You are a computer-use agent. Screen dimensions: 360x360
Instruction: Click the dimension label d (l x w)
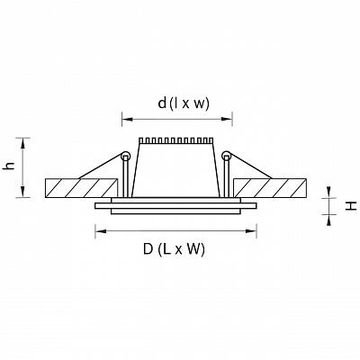[184, 103]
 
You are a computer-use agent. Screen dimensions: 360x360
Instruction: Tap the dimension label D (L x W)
[174, 249]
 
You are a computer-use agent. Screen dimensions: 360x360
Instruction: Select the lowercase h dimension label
[10, 166]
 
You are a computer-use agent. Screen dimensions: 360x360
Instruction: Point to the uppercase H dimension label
[351, 206]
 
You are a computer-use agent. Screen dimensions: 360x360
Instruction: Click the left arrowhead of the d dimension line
[127, 119]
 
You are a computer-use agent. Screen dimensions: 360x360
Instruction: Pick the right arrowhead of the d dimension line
[227, 119]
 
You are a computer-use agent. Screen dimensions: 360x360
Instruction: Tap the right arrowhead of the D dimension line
[251, 231]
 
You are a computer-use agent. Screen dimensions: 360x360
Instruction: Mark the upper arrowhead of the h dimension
[22, 143]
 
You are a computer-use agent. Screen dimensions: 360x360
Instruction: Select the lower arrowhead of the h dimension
[22, 192]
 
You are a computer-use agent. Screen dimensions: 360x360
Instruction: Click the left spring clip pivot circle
[125, 156]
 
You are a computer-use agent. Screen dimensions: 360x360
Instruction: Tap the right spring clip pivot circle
[227, 156]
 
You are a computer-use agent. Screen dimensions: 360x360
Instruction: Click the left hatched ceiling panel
[81, 188]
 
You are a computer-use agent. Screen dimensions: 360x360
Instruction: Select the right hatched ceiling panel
[270, 188]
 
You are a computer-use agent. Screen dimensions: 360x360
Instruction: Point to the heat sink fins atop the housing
[176, 140]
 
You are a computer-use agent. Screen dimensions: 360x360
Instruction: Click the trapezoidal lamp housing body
[176, 170]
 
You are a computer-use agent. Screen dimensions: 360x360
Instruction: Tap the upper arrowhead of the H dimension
[329, 192]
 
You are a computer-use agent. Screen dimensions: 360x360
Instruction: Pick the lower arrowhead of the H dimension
[329, 220]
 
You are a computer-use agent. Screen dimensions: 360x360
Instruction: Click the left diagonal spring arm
[100, 166]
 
